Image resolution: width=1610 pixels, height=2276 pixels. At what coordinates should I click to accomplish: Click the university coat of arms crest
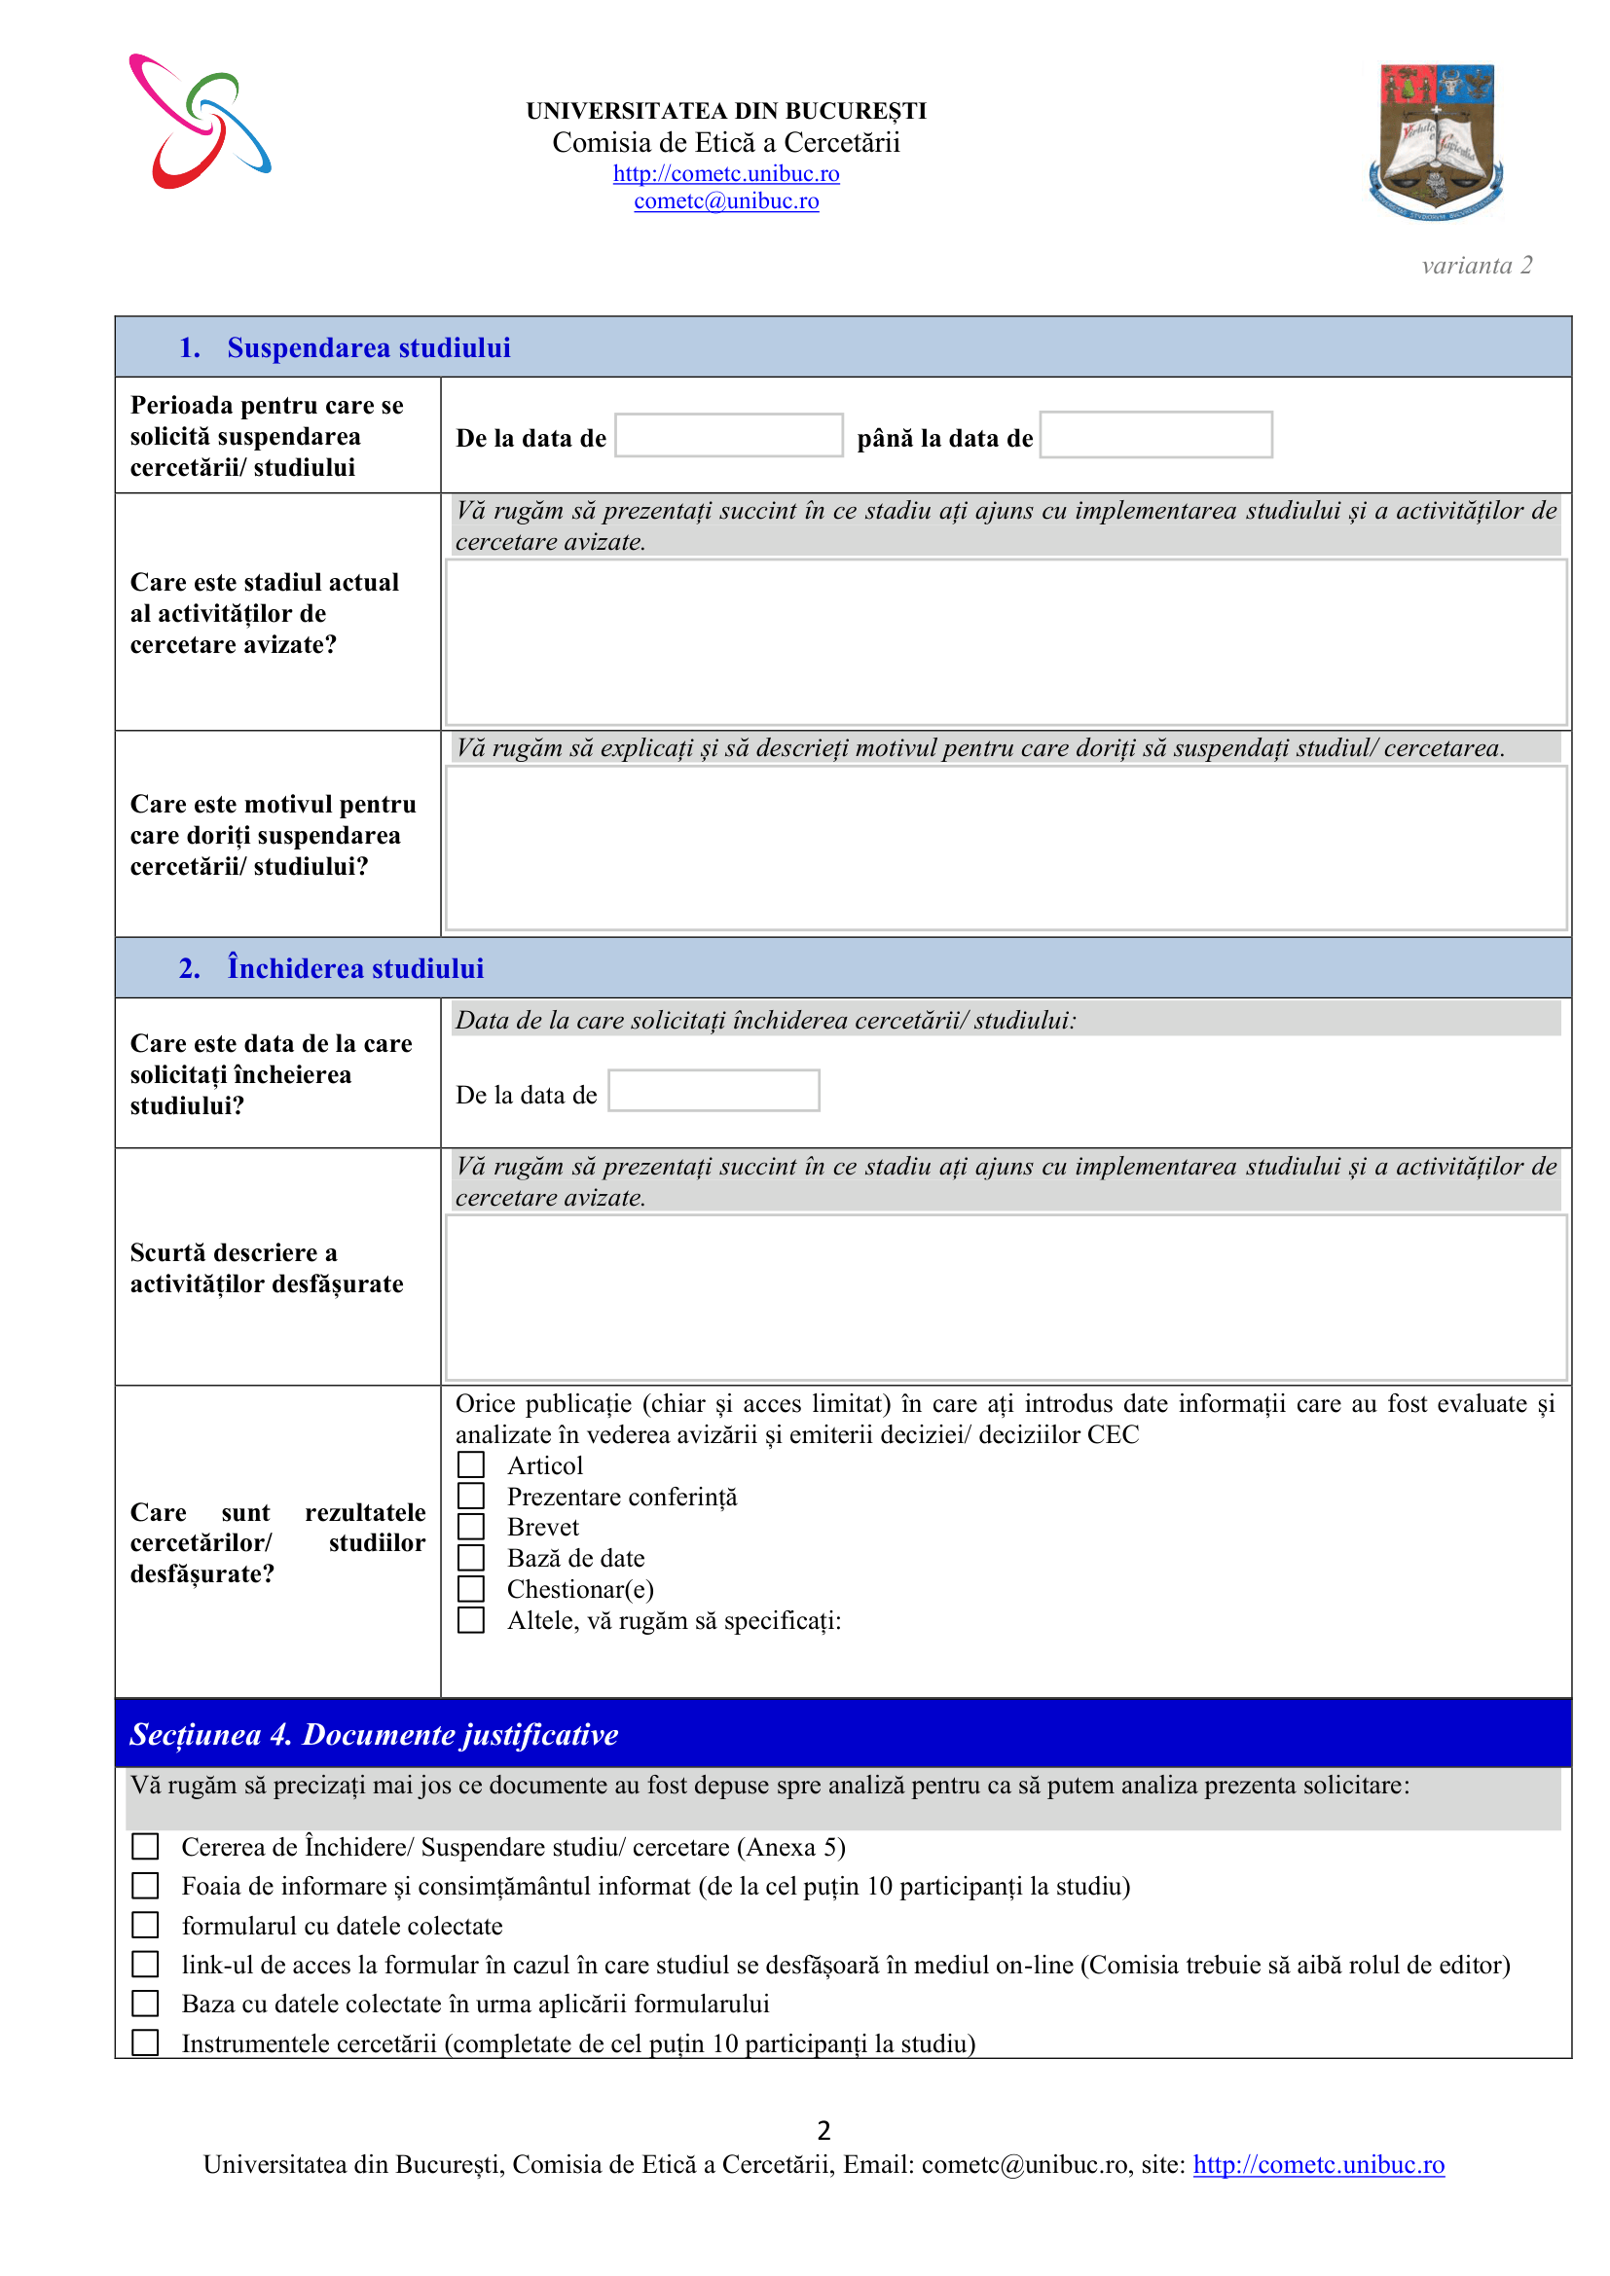click(x=1437, y=141)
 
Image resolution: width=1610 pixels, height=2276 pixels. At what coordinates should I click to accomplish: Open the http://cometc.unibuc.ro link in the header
click(x=726, y=173)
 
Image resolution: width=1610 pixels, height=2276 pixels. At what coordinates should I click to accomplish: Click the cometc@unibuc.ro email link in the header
click(x=726, y=201)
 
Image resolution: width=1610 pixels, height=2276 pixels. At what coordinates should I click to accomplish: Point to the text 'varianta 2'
click(x=1477, y=266)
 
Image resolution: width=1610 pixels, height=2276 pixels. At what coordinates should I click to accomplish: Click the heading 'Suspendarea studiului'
click(x=369, y=348)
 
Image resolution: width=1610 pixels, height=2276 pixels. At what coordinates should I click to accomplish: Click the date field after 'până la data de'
click(x=1156, y=435)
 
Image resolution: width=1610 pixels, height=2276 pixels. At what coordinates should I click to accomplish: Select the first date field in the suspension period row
click(x=729, y=435)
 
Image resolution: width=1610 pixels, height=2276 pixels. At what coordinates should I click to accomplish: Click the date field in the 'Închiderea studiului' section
click(x=714, y=1091)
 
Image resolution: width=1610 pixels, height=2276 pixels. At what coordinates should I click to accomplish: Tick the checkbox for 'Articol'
click(x=471, y=1464)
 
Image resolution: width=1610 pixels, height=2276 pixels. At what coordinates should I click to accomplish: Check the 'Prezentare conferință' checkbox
click(x=471, y=1495)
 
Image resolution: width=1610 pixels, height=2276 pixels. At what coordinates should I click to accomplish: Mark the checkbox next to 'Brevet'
click(x=471, y=1526)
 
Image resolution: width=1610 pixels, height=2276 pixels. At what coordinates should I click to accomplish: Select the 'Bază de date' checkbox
click(x=471, y=1557)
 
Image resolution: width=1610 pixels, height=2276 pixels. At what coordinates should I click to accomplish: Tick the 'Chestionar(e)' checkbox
click(x=471, y=1588)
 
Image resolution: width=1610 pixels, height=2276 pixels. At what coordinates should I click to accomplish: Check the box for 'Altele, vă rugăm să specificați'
click(x=471, y=1620)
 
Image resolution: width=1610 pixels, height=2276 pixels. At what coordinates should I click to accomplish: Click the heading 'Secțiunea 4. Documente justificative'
click(x=374, y=1734)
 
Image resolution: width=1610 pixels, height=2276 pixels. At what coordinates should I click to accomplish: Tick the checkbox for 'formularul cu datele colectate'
click(x=146, y=1924)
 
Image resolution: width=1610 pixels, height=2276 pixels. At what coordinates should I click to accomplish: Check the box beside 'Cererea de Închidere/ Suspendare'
click(x=146, y=1846)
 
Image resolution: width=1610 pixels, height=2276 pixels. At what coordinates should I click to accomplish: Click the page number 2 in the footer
click(x=823, y=2129)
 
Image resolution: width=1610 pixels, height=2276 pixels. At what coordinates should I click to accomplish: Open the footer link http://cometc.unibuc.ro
click(x=1319, y=2164)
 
